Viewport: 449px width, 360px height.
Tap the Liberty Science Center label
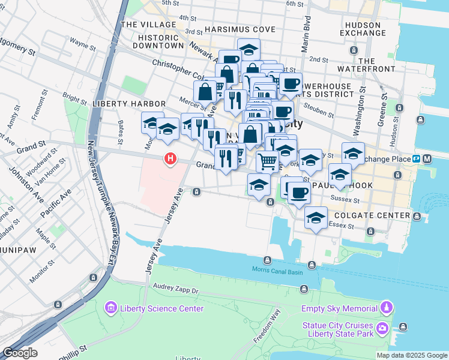[162, 309]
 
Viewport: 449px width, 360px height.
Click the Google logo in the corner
[20, 353]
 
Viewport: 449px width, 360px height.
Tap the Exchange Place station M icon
[427, 159]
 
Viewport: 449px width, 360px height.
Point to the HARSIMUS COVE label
[240, 29]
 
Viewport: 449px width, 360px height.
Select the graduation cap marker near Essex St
[315, 218]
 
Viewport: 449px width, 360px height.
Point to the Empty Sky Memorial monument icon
[388, 309]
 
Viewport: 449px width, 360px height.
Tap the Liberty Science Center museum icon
[111, 309]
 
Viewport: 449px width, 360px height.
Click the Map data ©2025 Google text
[411, 355]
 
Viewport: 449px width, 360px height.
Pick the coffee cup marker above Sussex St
[298, 193]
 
